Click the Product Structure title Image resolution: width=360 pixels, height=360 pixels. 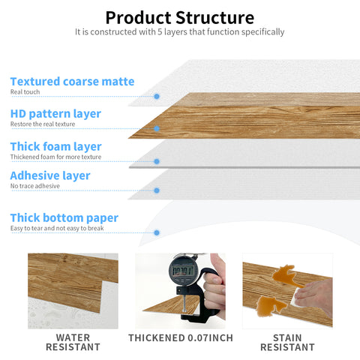(x=179, y=17)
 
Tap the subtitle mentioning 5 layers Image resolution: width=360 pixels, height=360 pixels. (x=179, y=32)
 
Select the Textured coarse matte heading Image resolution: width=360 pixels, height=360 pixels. (x=72, y=81)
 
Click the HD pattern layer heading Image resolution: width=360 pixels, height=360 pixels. (x=55, y=113)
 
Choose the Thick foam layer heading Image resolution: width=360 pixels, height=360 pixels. (x=55, y=146)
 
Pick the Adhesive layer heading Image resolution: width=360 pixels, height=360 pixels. (x=50, y=175)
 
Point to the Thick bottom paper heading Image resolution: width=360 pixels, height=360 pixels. (x=64, y=217)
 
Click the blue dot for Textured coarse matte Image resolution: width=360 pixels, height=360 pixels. (x=156, y=96)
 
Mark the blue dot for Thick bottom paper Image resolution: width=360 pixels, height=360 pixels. (x=156, y=232)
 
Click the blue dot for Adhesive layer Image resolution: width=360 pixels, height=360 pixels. (x=156, y=190)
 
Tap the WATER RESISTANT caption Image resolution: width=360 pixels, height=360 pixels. (x=73, y=342)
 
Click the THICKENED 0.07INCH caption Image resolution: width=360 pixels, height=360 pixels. (x=180, y=337)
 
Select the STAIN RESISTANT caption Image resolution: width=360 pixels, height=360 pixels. (x=287, y=342)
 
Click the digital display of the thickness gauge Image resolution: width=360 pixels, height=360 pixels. (x=182, y=268)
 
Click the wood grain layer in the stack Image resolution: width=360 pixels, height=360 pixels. (x=247, y=116)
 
